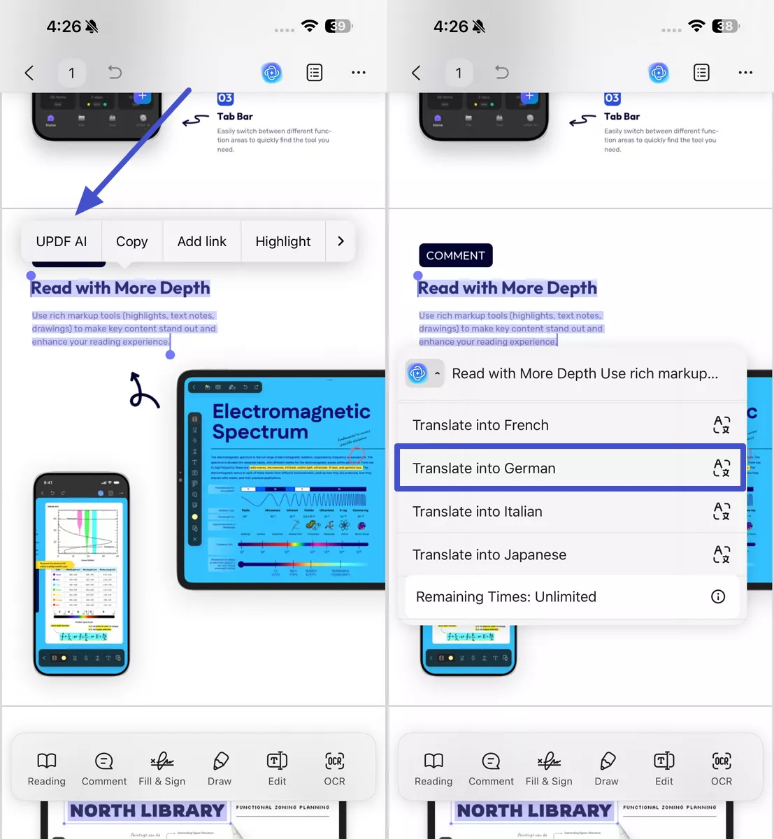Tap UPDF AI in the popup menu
point(62,241)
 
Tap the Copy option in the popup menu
point(131,241)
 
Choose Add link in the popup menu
point(201,241)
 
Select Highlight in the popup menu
point(282,241)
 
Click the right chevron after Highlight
point(341,241)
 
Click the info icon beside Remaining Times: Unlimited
point(718,596)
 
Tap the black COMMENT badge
point(455,255)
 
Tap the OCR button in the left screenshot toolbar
point(334,768)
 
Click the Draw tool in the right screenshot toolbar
point(606,768)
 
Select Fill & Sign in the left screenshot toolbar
point(162,768)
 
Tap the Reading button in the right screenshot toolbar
point(433,768)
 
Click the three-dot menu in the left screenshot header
point(359,73)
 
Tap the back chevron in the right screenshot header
point(416,73)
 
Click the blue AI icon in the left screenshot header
point(272,73)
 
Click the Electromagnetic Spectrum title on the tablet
point(291,421)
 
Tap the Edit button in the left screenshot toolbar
point(277,768)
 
